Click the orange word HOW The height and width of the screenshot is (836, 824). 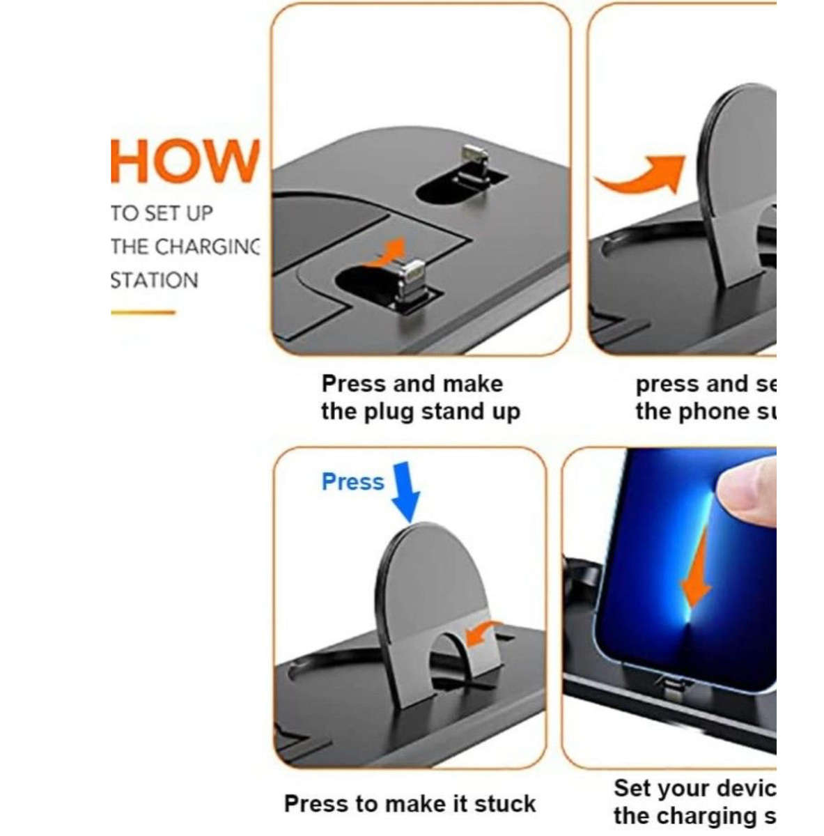[x=185, y=161]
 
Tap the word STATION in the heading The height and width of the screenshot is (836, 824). [x=154, y=280]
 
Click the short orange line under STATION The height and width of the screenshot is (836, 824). [x=142, y=312]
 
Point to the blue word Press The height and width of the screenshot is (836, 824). [x=352, y=481]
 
